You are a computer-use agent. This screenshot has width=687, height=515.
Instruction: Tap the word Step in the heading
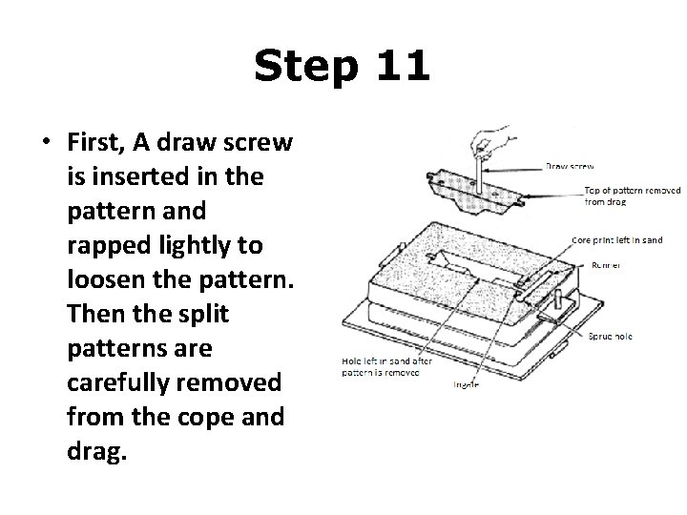305,68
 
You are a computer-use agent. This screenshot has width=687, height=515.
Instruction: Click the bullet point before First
44,143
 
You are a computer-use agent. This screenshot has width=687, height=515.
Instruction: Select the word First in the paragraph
96,143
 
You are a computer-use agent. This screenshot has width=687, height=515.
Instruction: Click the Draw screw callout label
570,167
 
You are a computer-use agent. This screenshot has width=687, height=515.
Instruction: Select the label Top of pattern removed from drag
631,196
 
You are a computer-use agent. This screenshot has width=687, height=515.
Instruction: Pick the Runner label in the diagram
605,264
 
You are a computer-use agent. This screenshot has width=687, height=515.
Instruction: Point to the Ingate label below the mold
466,383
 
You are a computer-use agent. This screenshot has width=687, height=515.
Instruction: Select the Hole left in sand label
386,367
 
